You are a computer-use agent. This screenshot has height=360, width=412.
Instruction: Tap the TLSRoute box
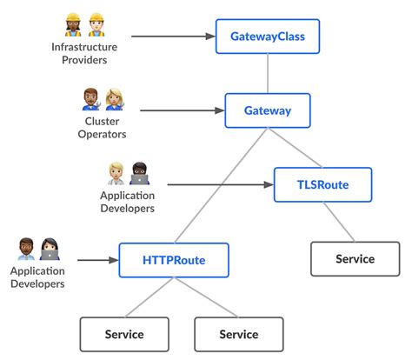click(x=322, y=184)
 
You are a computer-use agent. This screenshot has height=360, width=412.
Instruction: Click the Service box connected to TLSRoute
click(x=355, y=259)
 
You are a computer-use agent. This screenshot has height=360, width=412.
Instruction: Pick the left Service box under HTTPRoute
click(x=124, y=334)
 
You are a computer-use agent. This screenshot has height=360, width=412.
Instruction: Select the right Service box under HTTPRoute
click(x=238, y=334)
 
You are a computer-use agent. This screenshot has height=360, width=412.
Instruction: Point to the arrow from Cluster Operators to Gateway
click(x=181, y=110)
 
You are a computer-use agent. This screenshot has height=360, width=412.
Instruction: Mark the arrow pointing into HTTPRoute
click(x=97, y=259)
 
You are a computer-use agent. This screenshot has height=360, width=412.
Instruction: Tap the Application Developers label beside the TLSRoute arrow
click(x=127, y=202)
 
